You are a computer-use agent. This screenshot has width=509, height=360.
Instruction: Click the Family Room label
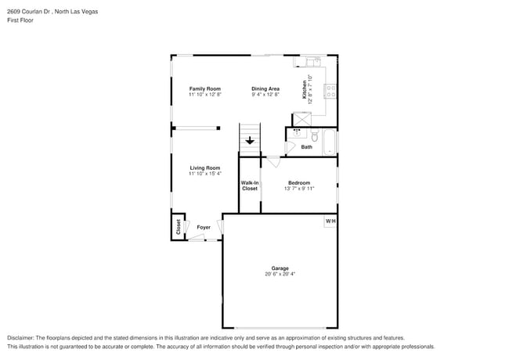[x=205, y=88]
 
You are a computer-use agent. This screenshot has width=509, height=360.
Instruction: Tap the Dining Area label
[x=265, y=88]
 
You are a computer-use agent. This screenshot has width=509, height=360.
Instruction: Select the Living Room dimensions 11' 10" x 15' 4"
[x=205, y=174]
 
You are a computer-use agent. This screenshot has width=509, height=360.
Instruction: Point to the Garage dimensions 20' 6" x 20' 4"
[x=280, y=274]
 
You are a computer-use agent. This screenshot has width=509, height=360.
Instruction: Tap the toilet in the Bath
[x=313, y=136]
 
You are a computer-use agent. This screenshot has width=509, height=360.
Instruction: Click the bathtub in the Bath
[x=330, y=142]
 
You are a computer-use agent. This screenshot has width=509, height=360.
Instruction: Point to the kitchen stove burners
[x=332, y=91]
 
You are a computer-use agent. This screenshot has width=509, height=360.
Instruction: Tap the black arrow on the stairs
[x=250, y=142]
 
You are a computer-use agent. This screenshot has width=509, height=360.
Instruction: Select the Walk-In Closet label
[x=249, y=185]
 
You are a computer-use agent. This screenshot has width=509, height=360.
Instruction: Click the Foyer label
[x=203, y=228]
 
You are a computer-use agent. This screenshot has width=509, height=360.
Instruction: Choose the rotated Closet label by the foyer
[x=179, y=227]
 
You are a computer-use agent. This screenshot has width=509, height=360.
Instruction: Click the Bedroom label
[x=299, y=182]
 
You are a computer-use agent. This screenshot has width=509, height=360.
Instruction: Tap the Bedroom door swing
[x=273, y=162]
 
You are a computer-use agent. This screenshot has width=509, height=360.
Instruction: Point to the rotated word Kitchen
[x=305, y=90]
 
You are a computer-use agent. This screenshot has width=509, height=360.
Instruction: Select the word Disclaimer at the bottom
[x=21, y=337]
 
